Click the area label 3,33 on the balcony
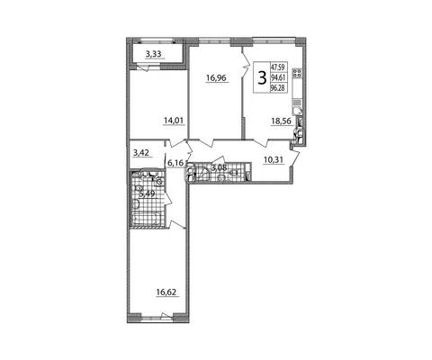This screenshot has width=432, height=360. click(x=153, y=54)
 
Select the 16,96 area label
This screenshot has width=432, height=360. click(x=218, y=78)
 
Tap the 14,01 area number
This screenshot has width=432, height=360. click(x=174, y=121)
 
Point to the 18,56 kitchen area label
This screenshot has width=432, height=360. click(x=282, y=121)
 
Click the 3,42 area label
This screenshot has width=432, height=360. click(x=142, y=153)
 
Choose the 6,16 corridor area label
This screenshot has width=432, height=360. click(x=175, y=163)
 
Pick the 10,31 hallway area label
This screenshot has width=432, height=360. click(x=274, y=159)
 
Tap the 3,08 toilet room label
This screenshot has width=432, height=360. click(x=219, y=167)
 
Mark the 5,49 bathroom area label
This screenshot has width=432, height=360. click(x=147, y=193)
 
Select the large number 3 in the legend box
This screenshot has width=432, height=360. click(x=262, y=78)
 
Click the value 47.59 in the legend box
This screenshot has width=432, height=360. click(x=278, y=67)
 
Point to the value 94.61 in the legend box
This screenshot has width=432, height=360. click(x=278, y=77)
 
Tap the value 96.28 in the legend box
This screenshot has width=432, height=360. click(x=278, y=88)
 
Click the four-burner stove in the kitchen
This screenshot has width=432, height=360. click(x=298, y=72)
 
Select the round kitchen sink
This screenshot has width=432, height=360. click(x=298, y=111)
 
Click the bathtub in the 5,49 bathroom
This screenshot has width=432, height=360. click(x=147, y=218)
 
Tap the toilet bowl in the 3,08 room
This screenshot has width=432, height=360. click(x=221, y=178)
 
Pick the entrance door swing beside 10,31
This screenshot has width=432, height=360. click(x=295, y=157)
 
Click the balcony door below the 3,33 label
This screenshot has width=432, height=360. click(x=141, y=68)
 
